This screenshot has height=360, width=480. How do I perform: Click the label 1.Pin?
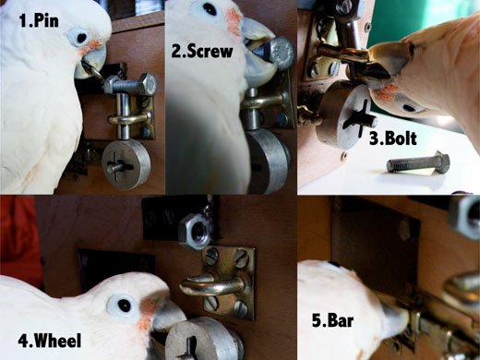(x=39, y=21)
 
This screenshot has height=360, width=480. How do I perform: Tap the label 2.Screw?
(x=202, y=51)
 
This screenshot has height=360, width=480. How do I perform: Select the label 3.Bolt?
(x=393, y=138)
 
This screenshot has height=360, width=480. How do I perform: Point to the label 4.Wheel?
(x=50, y=341)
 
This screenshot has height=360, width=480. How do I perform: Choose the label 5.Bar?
(x=332, y=320)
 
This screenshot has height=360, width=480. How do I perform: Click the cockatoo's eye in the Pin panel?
(x=81, y=38)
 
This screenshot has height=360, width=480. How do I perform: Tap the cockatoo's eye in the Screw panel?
(x=210, y=9)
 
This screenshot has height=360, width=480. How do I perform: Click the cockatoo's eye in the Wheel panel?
(x=125, y=306)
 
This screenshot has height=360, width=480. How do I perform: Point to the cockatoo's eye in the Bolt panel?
(x=409, y=108)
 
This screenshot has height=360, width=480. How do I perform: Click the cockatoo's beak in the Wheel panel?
(x=168, y=315)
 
